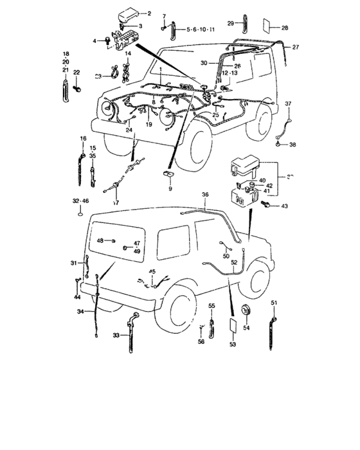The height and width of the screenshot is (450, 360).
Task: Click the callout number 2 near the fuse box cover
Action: coord(149,14)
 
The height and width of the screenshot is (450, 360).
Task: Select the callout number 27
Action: coord(296,48)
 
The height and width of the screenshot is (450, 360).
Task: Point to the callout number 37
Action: coord(288,104)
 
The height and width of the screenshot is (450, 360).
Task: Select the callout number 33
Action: coord(116,335)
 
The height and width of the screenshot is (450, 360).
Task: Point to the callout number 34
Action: coord(80,312)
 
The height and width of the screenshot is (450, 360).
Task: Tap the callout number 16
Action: coord(82,139)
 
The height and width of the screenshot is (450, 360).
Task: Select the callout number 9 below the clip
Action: coord(170,189)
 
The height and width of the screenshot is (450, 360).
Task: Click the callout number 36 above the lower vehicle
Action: coord(205,194)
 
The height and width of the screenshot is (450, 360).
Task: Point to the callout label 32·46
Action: coord(81,202)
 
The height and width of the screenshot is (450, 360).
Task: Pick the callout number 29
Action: coord(231,22)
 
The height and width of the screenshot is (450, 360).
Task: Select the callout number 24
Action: coord(129,130)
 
